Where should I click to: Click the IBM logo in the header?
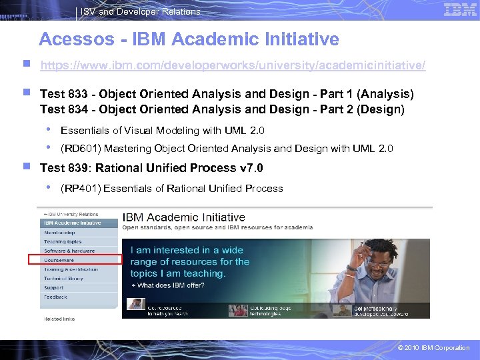(x=460, y=9)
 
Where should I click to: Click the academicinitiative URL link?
(x=233, y=67)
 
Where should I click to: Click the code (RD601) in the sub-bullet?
(x=79, y=149)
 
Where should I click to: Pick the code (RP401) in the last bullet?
(x=79, y=189)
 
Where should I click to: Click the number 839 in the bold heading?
(x=79, y=167)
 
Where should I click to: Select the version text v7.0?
(x=250, y=167)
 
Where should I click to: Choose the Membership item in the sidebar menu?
(x=60, y=232)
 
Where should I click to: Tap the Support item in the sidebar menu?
(x=54, y=288)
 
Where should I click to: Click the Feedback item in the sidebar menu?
(x=55, y=297)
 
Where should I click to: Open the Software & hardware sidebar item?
(x=69, y=251)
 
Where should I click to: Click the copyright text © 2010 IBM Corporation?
(x=433, y=348)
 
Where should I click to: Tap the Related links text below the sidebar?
(x=59, y=319)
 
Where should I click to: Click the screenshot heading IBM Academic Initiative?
(x=183, y=217)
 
